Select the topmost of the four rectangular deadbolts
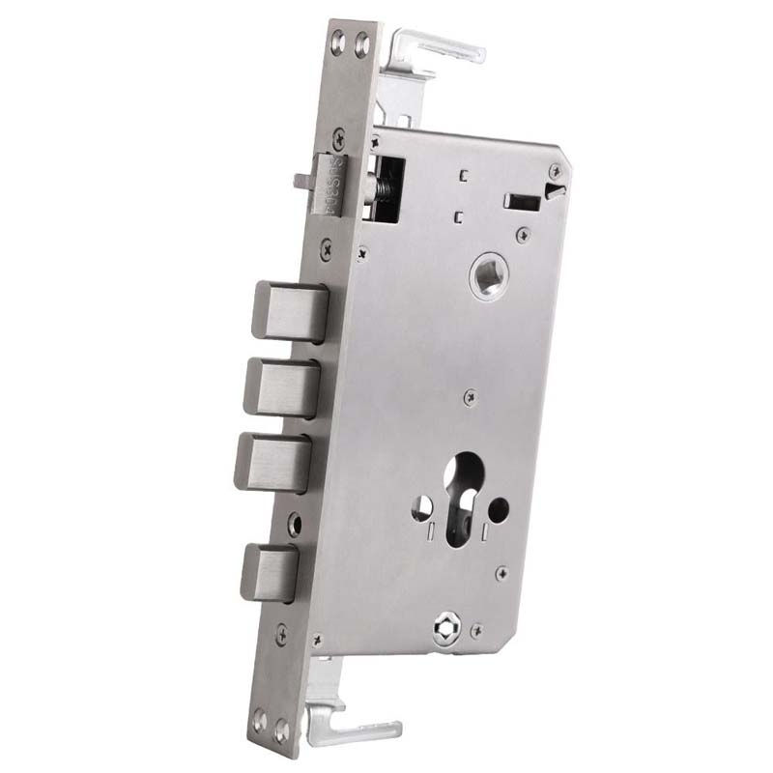click(x=289, y=311)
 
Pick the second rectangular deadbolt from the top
click(x=281, y=386)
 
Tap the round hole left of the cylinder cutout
click(x=422, y=504)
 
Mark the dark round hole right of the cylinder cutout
click(x=500, y=506)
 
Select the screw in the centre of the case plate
click(x=470, y=394)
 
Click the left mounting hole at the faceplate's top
click(x=338, y=41)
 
